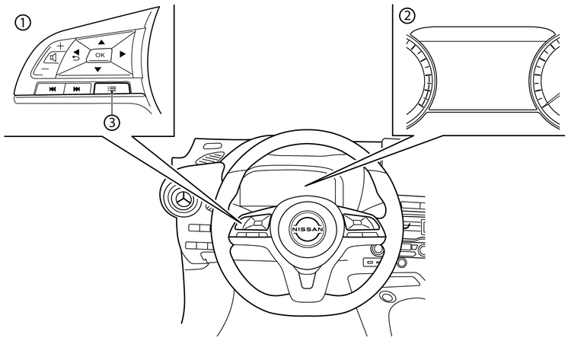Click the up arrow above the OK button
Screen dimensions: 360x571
100,43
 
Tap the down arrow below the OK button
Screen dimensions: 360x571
98,69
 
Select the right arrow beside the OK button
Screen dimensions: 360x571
122,55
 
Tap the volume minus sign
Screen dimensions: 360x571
44,69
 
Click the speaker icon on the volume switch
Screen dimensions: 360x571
53,57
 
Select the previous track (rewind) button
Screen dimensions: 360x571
53,88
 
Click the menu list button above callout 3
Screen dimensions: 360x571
112,88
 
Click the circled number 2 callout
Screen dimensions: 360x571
408,14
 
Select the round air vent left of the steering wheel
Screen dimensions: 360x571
183,199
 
